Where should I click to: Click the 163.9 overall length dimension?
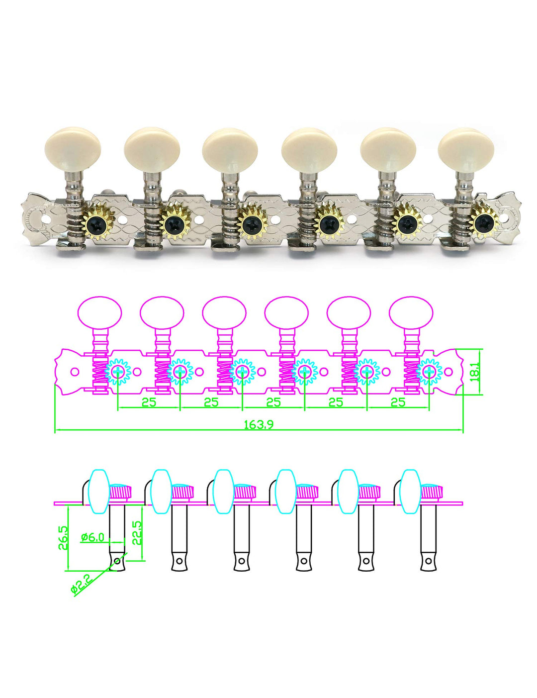pyautogui.click(x=259, y=424)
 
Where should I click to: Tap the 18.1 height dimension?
pyautogui.click(x=475, y=372)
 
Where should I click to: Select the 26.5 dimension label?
pyautogui.click(x=63, y=538)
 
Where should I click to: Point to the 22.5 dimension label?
pyautogui.click(x=137, y=532)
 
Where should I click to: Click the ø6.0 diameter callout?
pyautogui.click(x=92, y=537)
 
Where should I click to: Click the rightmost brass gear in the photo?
pyautogui.click(x=482, y=222)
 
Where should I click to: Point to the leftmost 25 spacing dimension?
pyautogui.click(x=149, y=402)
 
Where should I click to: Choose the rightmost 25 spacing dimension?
pyautogui.click(x=398, y=402)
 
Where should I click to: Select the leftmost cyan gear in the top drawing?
pyautogui.click(x=118, y=372)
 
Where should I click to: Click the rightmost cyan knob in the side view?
pyautogui.click(x=411, y=492)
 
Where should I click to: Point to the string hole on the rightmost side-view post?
pyautogui.click(x=428, y=561)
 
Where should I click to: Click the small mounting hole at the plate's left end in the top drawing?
pyautogui.click(x=75, y=372)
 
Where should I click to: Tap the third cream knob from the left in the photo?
pyautogui.click(x=229, y=148)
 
